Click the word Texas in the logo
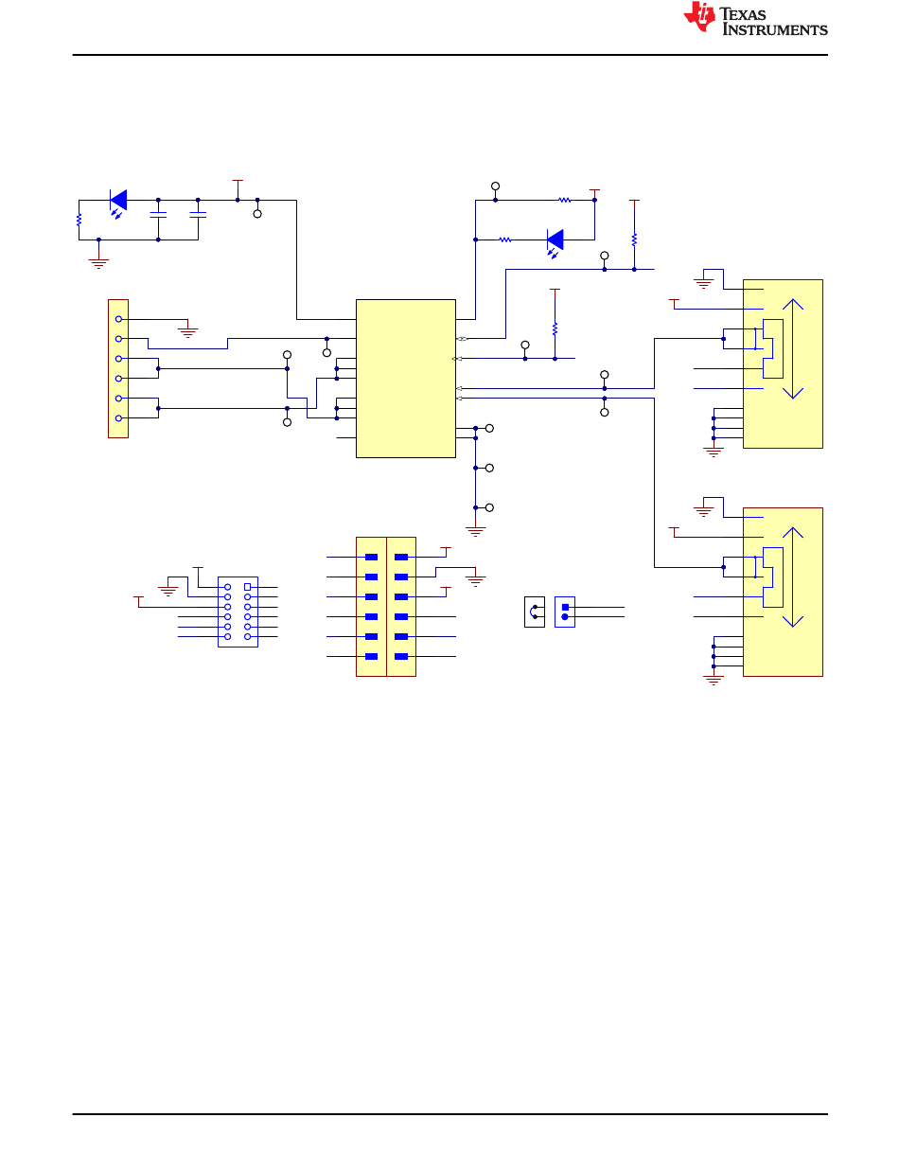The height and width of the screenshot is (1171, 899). point(742,14)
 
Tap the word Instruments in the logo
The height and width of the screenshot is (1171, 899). point(775,29)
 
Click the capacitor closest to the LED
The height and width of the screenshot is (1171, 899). point(158,215)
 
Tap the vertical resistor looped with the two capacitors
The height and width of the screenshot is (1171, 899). point(79,220)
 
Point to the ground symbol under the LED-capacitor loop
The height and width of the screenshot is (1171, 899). point(98,263)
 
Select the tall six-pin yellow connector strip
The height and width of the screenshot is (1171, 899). point(118,368)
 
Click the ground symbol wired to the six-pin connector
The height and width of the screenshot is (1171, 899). point(188,332)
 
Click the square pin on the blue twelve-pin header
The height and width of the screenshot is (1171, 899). point(247,587)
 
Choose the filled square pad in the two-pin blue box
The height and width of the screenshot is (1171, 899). point(565,608)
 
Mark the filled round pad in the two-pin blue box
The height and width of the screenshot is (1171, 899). point(565,617)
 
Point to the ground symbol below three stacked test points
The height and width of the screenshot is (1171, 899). point(475,531)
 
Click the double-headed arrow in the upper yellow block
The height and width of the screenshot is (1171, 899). point(793,348)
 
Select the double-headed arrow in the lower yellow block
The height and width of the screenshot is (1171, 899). point(793,577)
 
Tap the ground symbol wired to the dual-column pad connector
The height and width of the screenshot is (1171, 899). point(475,581)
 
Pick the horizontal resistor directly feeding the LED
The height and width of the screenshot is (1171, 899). point(504,240)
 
